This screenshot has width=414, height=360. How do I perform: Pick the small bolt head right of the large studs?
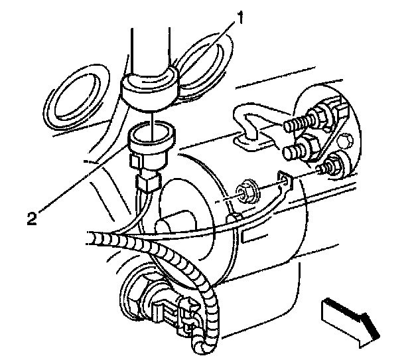tap(348, 141)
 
